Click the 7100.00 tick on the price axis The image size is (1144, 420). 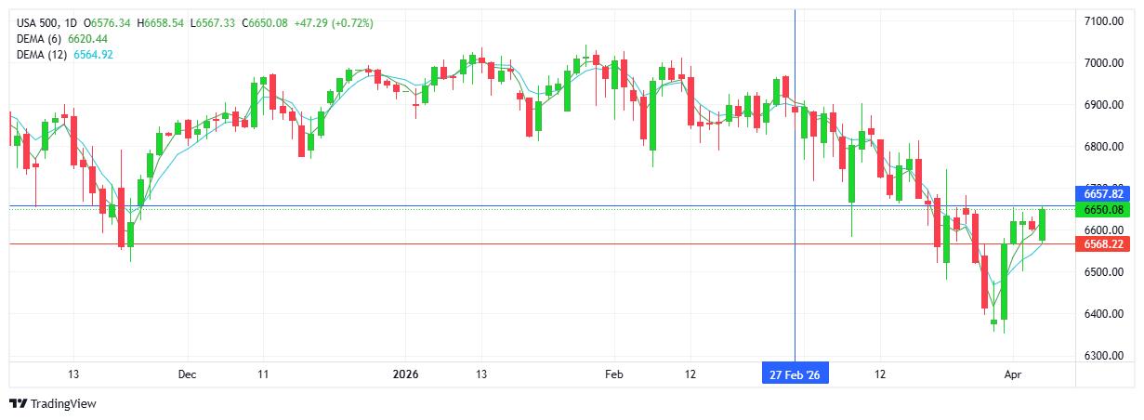(x=1104, y=21)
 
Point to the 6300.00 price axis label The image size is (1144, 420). (x=1104, y=356)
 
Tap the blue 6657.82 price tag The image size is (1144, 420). (x=1104, y=193)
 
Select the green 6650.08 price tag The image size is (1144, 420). (x=1104, y=209)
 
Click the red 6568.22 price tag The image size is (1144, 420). (x=1104, y=243)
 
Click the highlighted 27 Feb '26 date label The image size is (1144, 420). (x=795, y=374)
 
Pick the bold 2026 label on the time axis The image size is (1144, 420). (x=406, y=374)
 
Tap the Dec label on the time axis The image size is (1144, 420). (x=187, y=374)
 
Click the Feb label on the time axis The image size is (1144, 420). (x=613, y=374)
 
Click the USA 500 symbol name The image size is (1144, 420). (x=37, y=22)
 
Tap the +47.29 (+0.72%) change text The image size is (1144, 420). (x=334, y=22)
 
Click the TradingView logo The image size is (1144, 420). (x=53, y=404)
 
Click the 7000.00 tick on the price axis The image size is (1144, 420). (x=1104, y=63)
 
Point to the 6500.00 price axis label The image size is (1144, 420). (x=1104, y=272)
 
